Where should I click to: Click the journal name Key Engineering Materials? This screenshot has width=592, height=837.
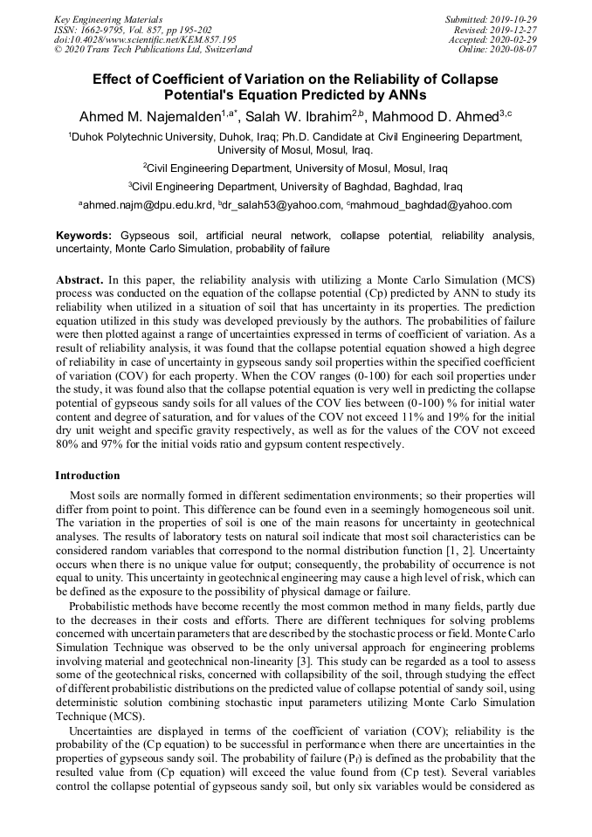pos(108,19)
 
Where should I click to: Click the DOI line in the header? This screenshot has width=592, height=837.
pos(145,40)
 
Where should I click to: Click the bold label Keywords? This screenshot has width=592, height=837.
pos(84,237)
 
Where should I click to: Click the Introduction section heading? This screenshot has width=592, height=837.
pos(87,476)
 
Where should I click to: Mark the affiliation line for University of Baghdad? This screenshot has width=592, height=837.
pos(295,186)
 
